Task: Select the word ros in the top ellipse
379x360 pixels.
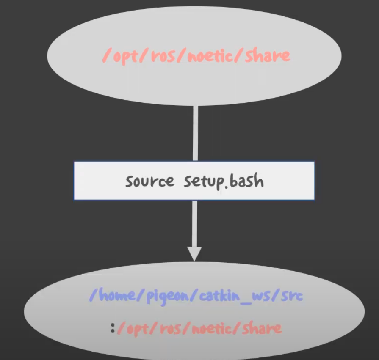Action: tap(161, 56)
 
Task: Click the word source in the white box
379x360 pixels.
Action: tap(149, 181)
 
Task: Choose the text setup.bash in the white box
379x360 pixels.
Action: tap(224, 181)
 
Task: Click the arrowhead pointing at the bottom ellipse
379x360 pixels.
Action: tap(194, 254)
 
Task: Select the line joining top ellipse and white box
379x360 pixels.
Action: tap(195, 133)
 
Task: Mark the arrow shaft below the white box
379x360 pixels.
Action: tap(195, 222)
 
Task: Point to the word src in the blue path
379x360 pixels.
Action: tap(292, 296)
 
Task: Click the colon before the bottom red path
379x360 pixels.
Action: tap(113, 327)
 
